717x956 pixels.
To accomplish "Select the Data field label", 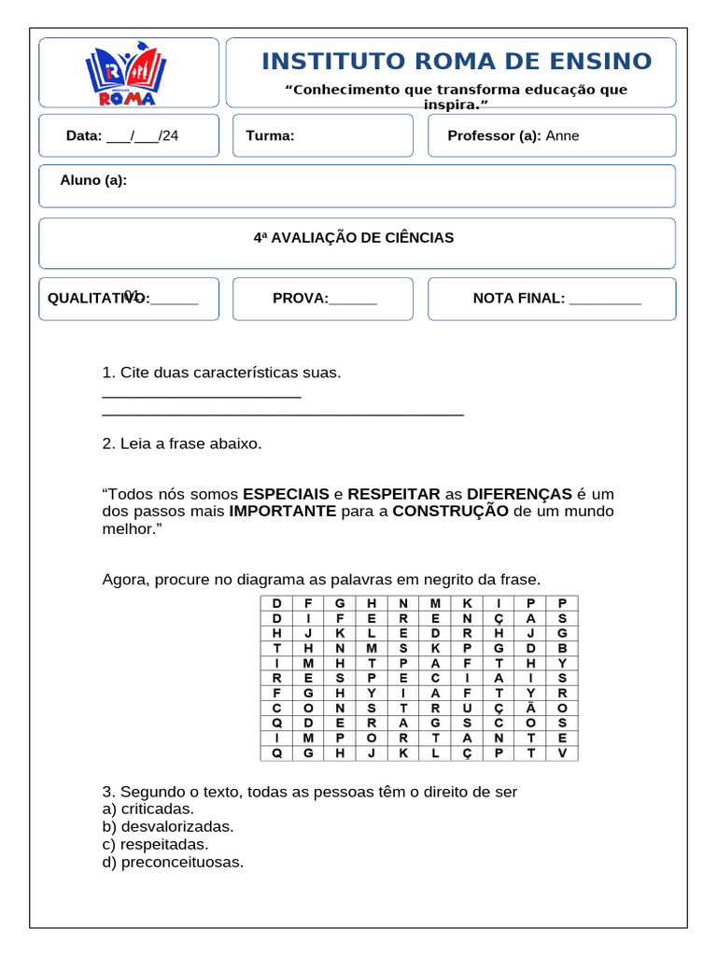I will tap(83, 136).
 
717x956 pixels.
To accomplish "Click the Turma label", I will tap(270, 136).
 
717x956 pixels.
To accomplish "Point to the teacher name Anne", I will tap(562, 136).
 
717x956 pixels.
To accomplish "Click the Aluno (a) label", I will tap(93, 180).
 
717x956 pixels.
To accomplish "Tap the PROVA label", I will tap(300, 299).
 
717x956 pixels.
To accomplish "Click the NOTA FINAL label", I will tap(518, 299).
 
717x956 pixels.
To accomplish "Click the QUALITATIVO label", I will tap(98, 299).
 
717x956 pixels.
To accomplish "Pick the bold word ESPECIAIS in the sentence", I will tap(286, 494).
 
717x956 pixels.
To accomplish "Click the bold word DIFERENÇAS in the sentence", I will tap(519, 494).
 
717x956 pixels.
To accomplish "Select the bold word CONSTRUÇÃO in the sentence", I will tap(450, 512).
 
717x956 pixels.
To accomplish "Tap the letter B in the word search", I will tap(562, 648).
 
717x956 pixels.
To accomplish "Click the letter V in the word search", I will tap(562, 752).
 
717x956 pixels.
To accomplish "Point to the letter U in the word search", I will tap(467, 708).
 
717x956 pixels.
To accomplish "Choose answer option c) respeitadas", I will tap(155, 845).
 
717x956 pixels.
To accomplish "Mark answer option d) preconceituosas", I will tap(173, 863).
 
